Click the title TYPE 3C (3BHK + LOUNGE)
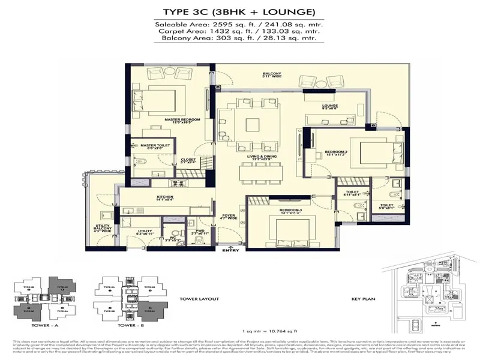pos(240,12)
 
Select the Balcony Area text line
pos(240,38)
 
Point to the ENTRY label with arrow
pos(230,250)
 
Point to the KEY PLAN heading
pos(364,299)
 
